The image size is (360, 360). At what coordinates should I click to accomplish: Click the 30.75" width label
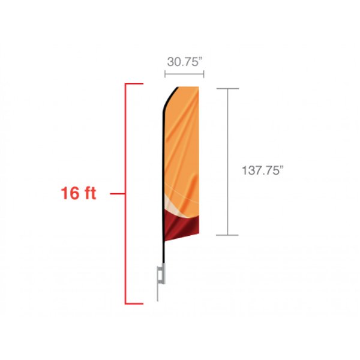(x=185, y=62)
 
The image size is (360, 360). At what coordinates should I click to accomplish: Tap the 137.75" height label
(x=263, y=170)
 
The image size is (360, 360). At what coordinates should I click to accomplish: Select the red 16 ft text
(x=78, y=193)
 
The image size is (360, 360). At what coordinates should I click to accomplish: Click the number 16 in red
(x=70, y=193)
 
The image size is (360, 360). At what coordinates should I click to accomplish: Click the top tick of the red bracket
(x=134, y=83)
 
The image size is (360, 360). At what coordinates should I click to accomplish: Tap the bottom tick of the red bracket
(x=134, y=304)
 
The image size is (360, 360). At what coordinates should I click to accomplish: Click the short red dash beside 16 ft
(x=118, y=194)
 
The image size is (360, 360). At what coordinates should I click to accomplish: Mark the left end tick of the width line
(x=165, y=74)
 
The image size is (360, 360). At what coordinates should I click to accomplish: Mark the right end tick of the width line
(x=204, y=74)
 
